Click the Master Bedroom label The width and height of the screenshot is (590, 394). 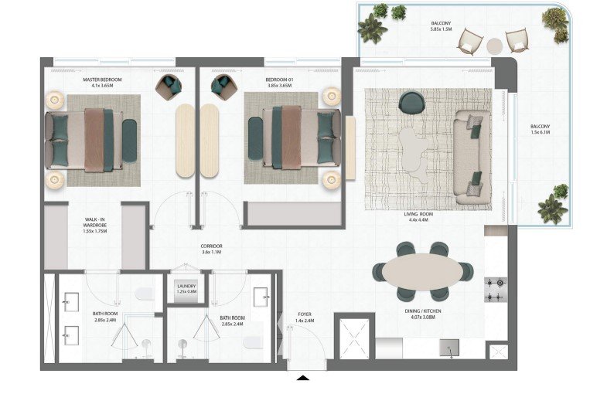point(102,80)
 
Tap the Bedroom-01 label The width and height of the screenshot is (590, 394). point(279,80)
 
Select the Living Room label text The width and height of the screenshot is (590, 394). point(418,214)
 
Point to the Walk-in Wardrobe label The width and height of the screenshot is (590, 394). point(95,222)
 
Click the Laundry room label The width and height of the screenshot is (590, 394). point(186,286)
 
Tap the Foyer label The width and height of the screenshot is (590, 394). point(305,314)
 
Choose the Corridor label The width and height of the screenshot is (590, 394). point(211,246)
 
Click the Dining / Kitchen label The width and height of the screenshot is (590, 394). point(423,311)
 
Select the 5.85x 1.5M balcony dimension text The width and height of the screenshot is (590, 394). point(442,29)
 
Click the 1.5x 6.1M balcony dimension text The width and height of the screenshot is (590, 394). point(541,132)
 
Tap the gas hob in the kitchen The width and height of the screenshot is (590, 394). point(496,290)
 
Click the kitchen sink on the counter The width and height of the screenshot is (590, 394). point(449,348)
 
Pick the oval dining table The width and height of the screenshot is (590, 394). point(423,272)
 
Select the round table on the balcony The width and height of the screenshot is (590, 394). point(494,46)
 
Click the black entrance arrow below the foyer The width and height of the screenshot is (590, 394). point(303,378)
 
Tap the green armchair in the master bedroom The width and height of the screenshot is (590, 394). point(169,87)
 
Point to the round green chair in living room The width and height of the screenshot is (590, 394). point(411,102)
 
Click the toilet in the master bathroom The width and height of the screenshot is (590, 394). point(145,294)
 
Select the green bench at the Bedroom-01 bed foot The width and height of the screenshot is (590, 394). point(255,138)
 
